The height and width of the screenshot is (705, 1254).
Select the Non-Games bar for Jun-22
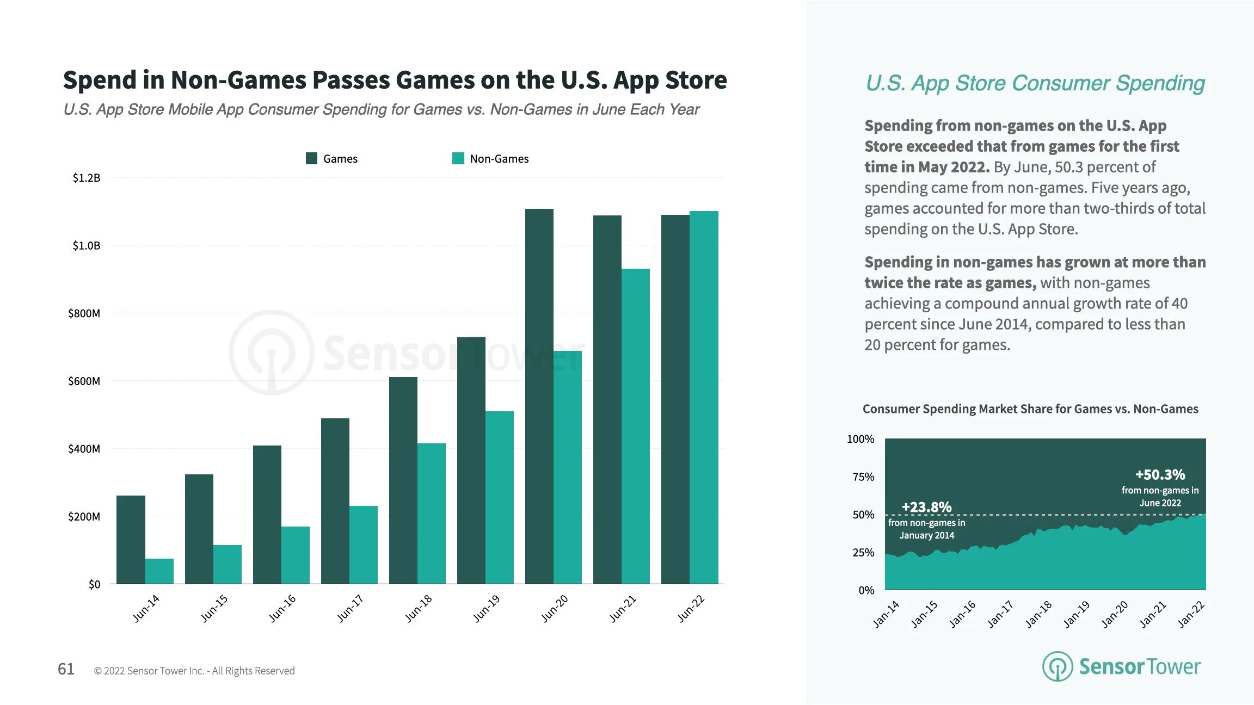point(704,397)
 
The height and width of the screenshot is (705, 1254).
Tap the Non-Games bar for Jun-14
point(159,571)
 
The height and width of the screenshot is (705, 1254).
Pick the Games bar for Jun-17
point(335,500)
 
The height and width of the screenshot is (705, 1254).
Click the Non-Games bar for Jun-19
point(499,497)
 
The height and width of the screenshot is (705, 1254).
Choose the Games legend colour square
point(311,158)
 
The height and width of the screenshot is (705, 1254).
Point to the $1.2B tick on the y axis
point(87,178)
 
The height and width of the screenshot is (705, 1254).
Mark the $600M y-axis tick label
point(84,381)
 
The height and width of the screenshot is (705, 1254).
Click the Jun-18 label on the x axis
point(419,608)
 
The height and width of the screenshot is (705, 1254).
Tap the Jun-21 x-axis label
point(623,608)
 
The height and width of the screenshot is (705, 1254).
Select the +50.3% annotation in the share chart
point(1160,475)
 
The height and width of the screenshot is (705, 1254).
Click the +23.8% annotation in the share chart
point(926,508)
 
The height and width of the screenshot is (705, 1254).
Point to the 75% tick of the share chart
point(863,477)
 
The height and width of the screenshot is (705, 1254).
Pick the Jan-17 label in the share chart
point(1000,614)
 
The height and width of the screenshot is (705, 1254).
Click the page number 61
point(66,669)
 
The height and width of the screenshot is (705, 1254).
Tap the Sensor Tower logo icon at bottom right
point(1057,666)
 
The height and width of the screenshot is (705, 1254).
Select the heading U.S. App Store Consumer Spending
point(1035,83)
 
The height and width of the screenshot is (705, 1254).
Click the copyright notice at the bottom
point(194,671)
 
